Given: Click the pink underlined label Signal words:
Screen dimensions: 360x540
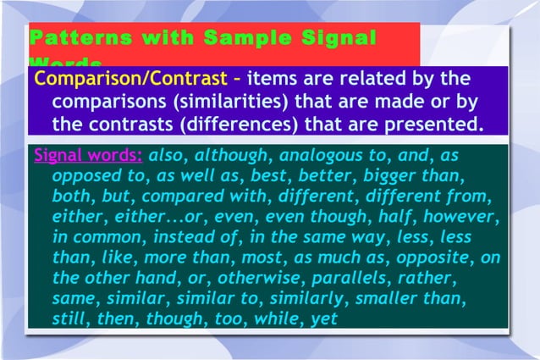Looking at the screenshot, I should [88, 158].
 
